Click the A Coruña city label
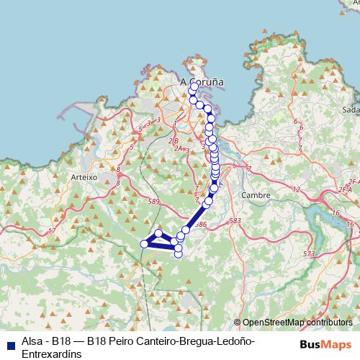pyautogui.click(x=202, y=82)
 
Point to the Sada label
pyautogui.click(x=351, y=109)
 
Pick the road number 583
pyautogui.click(x=235, y=220)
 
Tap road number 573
pyautogui.click(x=310, y=253)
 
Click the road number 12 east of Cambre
pyautogui.click(x=296, y=189)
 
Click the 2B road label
pyautogui.click(x=174, y=141)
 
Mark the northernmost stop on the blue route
pyautogui.click(x=194, y=86)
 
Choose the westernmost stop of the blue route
pyautogui.click(x=144, y=244)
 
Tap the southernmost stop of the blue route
pyautogui.click(x=179, y=253)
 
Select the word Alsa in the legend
pyautogui.click(x=32, y=342)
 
